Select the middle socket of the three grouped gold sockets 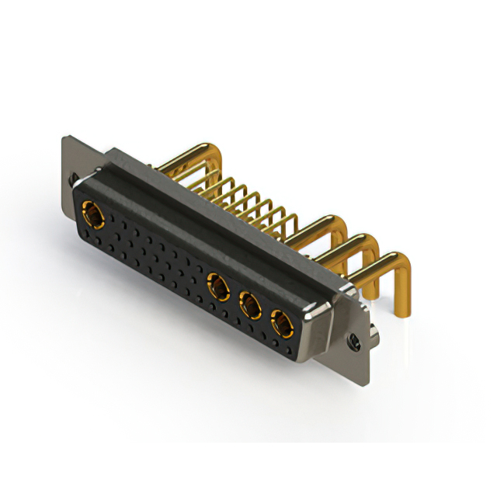pos(250,305)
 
